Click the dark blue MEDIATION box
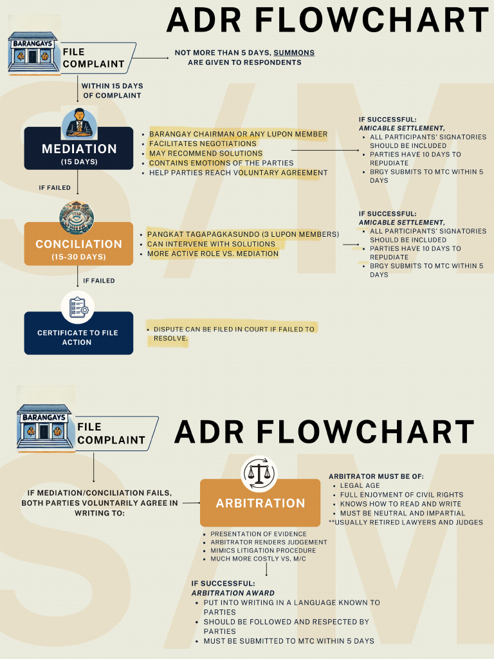(79, 149)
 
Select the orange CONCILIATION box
(79, 244)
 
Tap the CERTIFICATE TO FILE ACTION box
(78, 333)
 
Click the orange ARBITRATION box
(260, 503)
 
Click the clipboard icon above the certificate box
(78, 306)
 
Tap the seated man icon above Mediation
(79, 124)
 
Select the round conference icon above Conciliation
(77, 218)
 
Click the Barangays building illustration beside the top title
(33, 51)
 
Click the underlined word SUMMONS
(294, 53)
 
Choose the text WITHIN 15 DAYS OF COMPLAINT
(112, 91)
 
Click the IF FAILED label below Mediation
(55, 188)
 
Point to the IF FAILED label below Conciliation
(99, 281)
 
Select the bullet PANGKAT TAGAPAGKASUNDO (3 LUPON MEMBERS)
(243, 234)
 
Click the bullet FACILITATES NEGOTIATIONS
(203, 144)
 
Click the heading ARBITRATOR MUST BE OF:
(376, 476)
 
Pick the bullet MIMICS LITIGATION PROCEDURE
(263, 550)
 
